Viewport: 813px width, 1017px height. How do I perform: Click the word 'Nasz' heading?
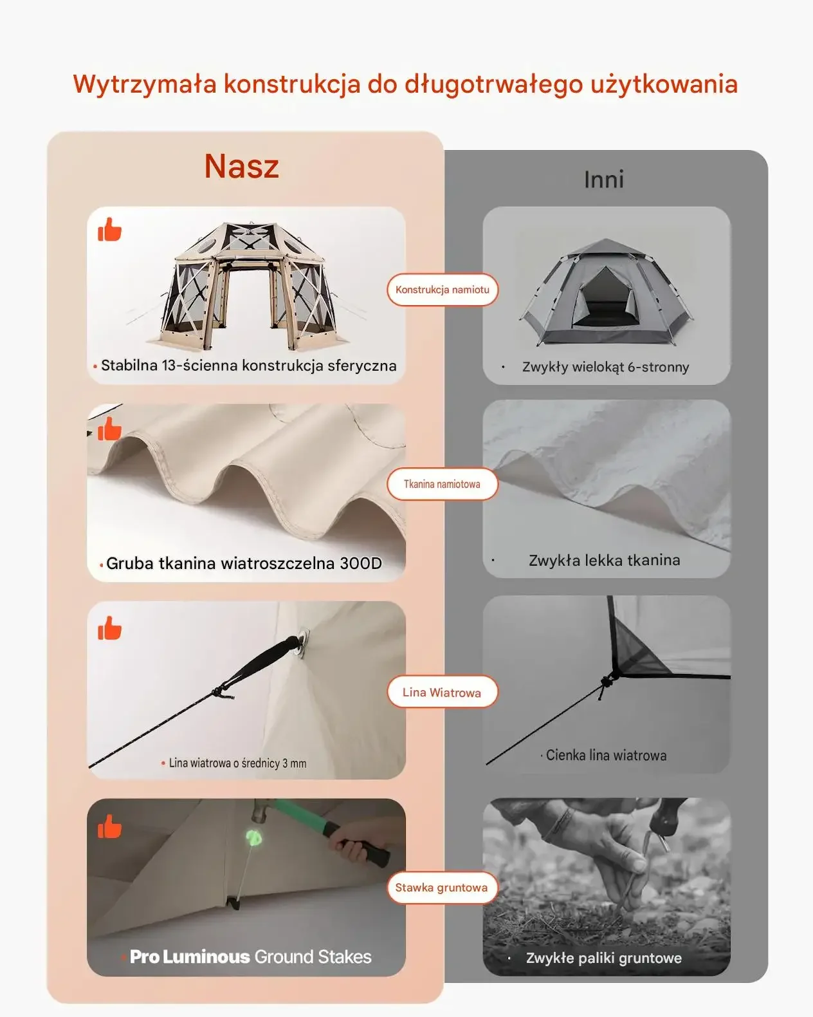(241, 166)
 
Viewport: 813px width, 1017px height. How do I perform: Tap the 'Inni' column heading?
(604, 180)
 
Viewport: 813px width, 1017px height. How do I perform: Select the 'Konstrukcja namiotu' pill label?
(442, 290)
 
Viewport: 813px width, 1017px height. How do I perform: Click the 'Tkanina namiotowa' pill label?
(442, 484)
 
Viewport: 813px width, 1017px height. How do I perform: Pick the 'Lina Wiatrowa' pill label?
(442, 693)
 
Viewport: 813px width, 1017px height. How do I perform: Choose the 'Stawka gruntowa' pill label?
(442, 888)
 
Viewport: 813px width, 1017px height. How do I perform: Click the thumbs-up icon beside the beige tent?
(109, 229)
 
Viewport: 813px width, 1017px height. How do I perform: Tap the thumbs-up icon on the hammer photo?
(109, 826)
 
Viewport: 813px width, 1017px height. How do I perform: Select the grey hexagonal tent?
(606, 292)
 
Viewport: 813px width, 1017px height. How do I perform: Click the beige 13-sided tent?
(248, 286)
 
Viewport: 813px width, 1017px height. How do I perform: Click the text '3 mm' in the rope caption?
(295, 763)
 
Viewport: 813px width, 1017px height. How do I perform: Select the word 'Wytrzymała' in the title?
(145, 85)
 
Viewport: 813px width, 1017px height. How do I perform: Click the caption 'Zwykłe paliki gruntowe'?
(604, 958)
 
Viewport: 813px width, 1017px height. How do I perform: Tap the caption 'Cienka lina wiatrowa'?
(606, 755)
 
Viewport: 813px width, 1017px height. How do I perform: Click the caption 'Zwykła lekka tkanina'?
(604, 561)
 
